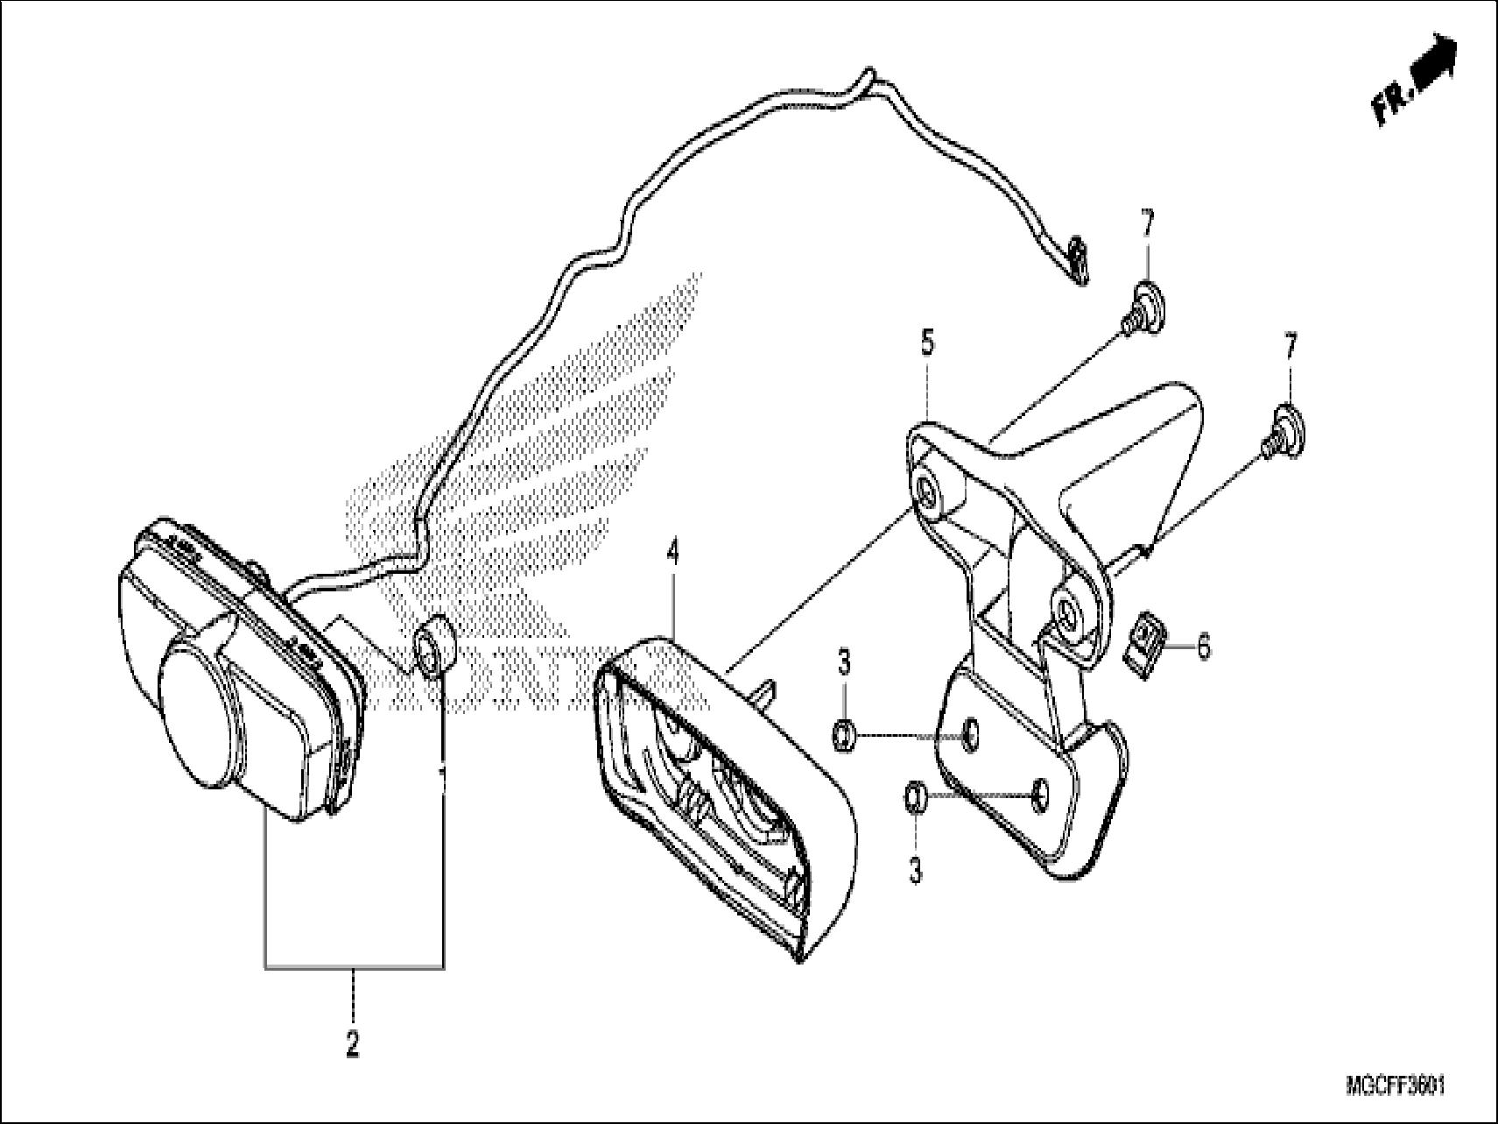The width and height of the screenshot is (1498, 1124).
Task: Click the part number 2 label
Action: (353, 1044)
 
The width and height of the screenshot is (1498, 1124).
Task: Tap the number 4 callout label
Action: (672, 553)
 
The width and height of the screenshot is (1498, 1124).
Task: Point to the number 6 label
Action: (1204, 649)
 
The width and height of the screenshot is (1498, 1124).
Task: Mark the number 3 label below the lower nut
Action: (916, 873)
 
